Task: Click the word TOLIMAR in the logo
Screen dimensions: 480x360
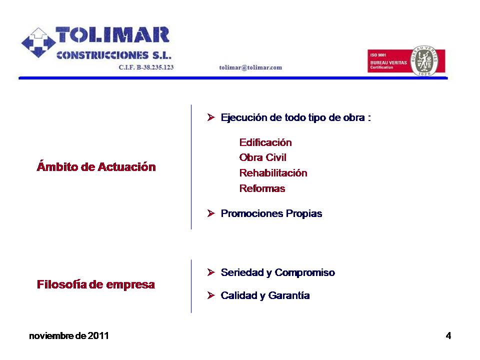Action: point(112,34)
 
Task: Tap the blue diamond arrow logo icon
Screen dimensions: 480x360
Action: point(38,42)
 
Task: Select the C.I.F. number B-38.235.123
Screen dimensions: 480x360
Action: point(155,67)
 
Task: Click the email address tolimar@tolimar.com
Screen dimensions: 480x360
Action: point(250,67)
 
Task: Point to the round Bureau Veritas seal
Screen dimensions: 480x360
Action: point(424,60)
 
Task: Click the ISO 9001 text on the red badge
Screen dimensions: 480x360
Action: point(378,55)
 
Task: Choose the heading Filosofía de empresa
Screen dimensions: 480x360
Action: point(96,284)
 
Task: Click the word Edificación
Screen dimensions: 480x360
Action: point(265,142)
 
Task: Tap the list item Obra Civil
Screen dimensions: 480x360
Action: point(262,157)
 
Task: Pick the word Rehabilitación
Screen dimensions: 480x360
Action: point(273,173)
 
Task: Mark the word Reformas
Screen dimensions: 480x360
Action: point(262,188)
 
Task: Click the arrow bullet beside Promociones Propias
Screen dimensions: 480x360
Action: point(211,213)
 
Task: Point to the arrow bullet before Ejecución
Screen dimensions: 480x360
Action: point(211,117)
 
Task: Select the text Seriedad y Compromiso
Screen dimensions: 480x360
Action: point(277,272)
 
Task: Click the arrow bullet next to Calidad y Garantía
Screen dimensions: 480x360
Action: point(211,295)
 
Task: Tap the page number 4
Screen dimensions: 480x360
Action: point(448,336)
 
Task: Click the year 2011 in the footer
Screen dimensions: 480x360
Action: point(98,336)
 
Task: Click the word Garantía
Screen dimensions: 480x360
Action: point(289,295)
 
